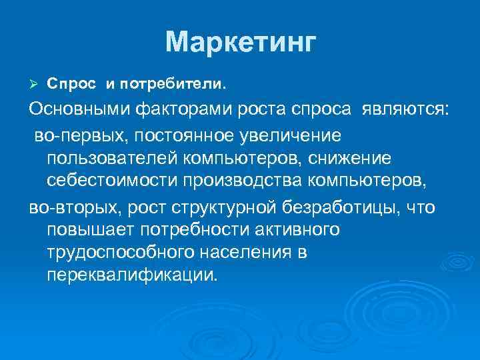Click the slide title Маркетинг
point(239,43)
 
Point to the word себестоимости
point(113,183)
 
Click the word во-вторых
point(71,207)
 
